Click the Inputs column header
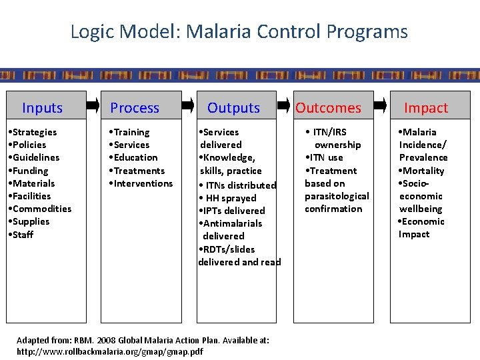[x=42, y=108]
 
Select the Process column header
[x=135, y=108]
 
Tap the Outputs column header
[x=233, y=108]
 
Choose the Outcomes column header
[x=328, y=108]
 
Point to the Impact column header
[x=426, y=108]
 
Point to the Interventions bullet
[x=141, y=183]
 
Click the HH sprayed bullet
[x=230, y=198]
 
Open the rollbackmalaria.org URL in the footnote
[x=109, y=351]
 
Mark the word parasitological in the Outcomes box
[x=337, y=196]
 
